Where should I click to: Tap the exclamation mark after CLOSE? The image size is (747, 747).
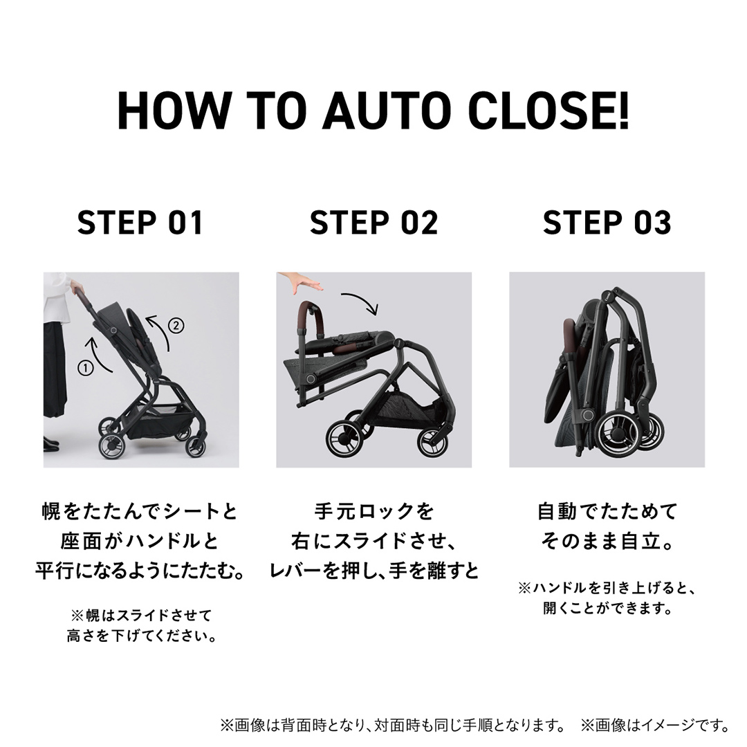(624, 110)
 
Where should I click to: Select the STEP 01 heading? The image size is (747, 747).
(140, 223)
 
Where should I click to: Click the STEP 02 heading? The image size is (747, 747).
(373, 223)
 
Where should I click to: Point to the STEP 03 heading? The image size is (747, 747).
(607, 223)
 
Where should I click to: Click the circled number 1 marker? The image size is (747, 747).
(86, 368)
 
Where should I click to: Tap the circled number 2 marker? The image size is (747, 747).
(176, 324)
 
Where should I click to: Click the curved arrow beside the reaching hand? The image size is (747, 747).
(360, 303)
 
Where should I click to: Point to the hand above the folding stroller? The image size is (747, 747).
(302, 282)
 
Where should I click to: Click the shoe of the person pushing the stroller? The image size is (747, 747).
(49, 443)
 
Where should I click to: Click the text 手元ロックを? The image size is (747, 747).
(373, 512)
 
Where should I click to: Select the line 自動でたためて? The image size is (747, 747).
(607, 512)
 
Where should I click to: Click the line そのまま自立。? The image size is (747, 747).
(607, 541)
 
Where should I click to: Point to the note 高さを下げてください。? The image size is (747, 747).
(141, 635)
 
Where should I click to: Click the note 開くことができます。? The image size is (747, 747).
(607, 609)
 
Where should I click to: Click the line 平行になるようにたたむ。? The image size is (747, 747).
(141, 571)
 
